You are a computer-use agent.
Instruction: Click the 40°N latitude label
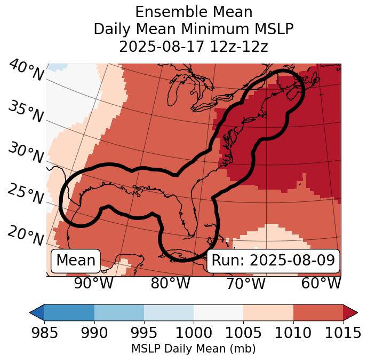[x=26, y=71]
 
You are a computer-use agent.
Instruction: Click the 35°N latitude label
[x=25, y=112]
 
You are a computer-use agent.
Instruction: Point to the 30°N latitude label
[x=25, y=153]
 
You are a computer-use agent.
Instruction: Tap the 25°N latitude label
[x=25, y=194]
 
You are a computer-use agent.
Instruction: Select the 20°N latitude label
[x=25, y=235]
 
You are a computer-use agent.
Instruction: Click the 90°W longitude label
[x=94, y=283]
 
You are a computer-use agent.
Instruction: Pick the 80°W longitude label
[x=171, y=283]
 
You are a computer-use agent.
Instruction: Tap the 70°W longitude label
[x=246, y=283]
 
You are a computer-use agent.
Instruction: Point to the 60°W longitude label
[x=321, y=283]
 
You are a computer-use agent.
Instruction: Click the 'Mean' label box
[x=76, y=261]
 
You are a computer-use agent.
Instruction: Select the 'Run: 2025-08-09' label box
[x=273, y=261]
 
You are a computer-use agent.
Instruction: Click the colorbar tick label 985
[x=45, y=333]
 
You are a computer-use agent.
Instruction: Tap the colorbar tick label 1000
[x=194, y=333]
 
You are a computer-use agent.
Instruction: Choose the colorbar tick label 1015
[x=342, y=333]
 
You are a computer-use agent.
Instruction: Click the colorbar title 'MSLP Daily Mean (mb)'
[x=194, y=349]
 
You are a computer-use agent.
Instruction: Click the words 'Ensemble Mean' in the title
[x=194, y=12]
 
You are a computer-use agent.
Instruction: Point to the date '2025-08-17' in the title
[x=159, y=46]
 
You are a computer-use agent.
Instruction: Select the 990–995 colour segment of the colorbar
[x=119, y=312]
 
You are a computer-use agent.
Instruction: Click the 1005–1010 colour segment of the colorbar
[x=268, y=312]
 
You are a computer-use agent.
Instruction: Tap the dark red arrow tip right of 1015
[x=351, y=312]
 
